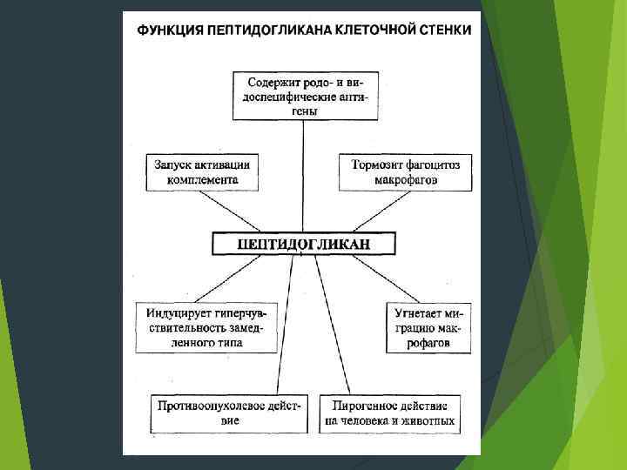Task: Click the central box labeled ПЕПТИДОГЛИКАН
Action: coord(303,243)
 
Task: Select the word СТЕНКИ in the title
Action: coord(444,30)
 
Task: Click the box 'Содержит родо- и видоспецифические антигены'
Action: coord(303,95)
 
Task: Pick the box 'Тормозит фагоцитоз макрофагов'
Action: coord(405,172)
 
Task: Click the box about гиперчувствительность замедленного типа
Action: coord(205,326)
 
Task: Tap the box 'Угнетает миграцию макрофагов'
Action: coord(428,326)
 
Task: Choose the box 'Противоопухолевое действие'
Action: coord(229,413)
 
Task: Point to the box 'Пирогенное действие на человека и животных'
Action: coord(388,413)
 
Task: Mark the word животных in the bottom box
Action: coord(428,421)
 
